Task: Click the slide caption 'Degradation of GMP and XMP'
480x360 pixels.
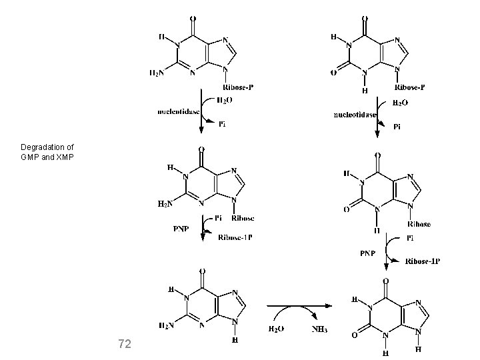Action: point(47,151)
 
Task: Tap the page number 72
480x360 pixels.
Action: point(124,344)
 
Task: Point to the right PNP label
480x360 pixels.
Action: point(369,254)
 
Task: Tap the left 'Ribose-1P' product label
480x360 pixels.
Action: point(235,238)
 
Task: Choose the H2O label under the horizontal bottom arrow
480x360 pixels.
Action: point(278,330)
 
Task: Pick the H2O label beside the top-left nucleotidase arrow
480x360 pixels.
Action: point(224,101)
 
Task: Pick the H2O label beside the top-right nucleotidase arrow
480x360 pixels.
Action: point(399,103)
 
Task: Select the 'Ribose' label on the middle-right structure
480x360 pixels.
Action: point(418,225)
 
